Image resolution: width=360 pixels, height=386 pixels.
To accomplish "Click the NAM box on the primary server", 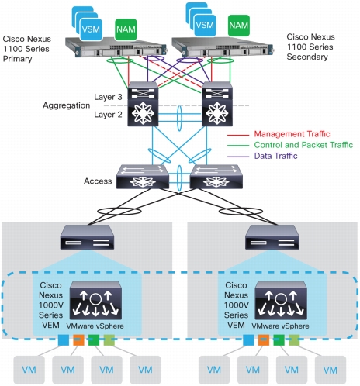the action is (126, 29).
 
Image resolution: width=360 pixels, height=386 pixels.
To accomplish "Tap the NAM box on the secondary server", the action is (239, 26).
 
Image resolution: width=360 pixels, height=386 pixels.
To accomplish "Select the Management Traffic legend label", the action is (292, 134).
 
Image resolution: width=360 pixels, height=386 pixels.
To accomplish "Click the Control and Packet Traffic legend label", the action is (303, 145).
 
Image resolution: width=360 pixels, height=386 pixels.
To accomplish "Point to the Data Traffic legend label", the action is (275, 156).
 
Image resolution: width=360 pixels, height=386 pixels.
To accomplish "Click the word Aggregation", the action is (66, 105).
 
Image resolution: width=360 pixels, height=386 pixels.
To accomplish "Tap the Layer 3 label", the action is (108, 97).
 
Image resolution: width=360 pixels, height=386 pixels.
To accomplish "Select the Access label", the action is (98, 181).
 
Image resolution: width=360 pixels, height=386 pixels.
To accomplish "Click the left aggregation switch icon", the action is (143, 104).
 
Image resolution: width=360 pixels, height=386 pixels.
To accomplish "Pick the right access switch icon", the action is (216, 177).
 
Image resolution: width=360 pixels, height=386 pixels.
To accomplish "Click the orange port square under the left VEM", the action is (78, 340).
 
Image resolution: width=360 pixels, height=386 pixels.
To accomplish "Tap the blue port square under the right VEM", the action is (248, 340).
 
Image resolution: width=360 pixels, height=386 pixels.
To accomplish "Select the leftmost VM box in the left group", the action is (29, 370).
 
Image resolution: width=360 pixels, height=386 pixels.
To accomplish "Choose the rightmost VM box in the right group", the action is (331, 370).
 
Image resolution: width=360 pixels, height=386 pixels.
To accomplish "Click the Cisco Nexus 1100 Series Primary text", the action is (26, 49).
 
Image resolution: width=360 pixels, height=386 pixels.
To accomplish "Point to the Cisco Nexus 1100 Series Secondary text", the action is (310, 47).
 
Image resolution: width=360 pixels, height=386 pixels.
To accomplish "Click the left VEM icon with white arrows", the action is (95, 301).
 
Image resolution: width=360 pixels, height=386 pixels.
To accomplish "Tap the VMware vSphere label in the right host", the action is (280, 326).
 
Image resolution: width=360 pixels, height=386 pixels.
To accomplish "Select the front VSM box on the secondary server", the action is (205, 25).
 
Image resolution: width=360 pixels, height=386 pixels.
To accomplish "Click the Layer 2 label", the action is (108, 115).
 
